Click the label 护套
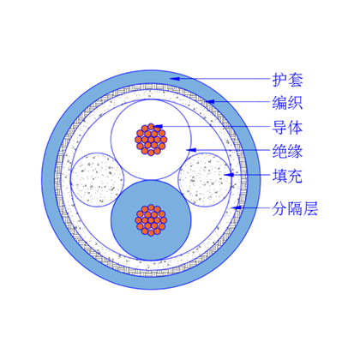[287, 80]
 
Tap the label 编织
[287, 103]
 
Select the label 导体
[287, 127]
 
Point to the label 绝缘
[287, 151]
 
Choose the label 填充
[287, 176]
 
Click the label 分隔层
[295, 209]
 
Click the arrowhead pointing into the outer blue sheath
[174, 78]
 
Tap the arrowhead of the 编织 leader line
[210, 101]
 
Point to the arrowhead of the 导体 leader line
[158, 126]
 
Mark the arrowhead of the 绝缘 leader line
[191, 150]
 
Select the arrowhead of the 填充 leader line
[229, 175]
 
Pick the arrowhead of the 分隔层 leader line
[237, 207]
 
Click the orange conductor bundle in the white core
[151, 140]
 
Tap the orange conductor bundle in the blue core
[151, 220]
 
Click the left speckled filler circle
[97, 180]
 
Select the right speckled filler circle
[205, 180]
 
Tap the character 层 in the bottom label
[310, 209]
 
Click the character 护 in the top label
[279, 80]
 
